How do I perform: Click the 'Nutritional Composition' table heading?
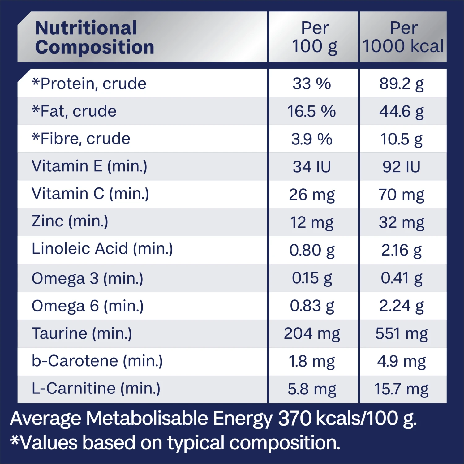click(x=95, y=37)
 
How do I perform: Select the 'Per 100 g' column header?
click(x=315, y=37)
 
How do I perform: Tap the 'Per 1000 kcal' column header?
click(x=403, y=37)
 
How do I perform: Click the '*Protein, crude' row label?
click(x=89, y=84)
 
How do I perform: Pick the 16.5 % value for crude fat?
click(x=311, y=111)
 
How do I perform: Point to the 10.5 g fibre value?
click(x=402, y=139)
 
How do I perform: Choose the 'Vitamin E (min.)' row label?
click(x=89, y=166)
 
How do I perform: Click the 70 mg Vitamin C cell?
click(x=402, y=195)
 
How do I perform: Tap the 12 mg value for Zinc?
click(x=311, y=223)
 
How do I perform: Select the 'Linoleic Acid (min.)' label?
click(x=102, y=249)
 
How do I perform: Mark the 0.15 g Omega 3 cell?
click(x=312, y=278)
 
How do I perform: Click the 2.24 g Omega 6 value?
click(x=402, y=306)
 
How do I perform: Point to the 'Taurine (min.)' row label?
click(x=82, y=334)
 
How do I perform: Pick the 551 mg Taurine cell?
click(x=402, y=334)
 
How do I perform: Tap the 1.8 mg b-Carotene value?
click(x=311, y=362)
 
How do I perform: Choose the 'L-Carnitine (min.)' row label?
click(x=96, y=389)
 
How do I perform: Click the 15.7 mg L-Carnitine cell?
click(x=402, y=389)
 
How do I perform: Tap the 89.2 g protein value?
click(x=402, y=84)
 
